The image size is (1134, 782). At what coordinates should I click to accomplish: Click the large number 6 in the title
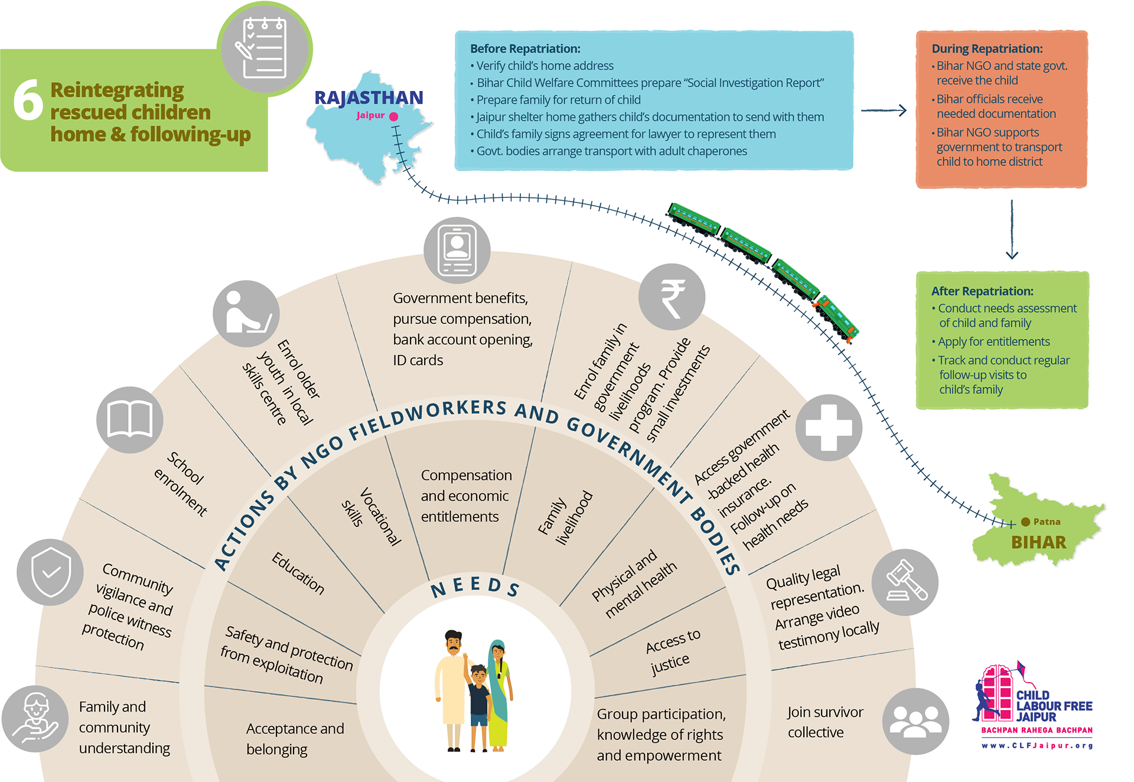tap(28, 100)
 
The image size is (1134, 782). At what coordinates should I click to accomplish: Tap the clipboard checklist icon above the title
tap(265, 48)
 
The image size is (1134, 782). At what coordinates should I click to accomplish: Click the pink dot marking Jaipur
tap(394, 116)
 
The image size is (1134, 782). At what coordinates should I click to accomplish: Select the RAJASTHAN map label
tap(369, 97)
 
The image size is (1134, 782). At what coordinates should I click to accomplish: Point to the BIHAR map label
tap(1038, 542)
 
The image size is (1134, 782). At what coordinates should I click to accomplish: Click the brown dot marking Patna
tap(1025, 522)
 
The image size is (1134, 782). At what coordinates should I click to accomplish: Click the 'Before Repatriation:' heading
tap(525, 49)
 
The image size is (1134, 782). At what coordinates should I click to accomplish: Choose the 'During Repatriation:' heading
tap(987, 49)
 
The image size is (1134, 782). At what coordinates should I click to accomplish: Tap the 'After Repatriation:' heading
tap(982, 291)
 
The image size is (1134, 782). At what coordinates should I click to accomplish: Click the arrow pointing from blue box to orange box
tap(884, 110)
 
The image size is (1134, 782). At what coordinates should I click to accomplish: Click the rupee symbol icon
tap(672, 298)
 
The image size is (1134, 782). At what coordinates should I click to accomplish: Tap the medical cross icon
tap(829, 428)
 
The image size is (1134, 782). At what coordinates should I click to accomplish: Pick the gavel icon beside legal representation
tap(905, 582)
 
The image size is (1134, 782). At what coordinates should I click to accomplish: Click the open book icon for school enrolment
tap(130, 420)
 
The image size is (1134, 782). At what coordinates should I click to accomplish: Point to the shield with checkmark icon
tap(51, 572)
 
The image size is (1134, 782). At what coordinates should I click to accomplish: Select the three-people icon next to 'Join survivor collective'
tap(915, 721)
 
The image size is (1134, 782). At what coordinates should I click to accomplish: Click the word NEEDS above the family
tap(475, 587)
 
